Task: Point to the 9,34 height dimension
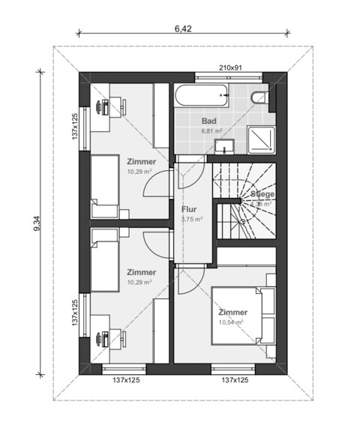point(37,223)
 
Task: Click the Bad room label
point(209,120)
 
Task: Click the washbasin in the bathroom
point(222,144)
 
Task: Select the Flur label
point(188,209)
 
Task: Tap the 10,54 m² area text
point(231,323)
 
